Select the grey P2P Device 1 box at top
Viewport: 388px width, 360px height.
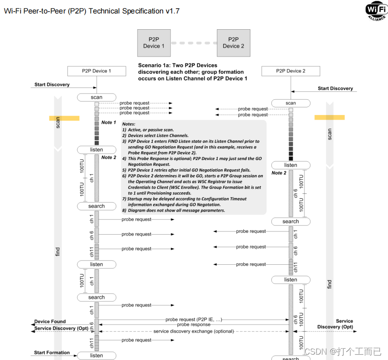154,43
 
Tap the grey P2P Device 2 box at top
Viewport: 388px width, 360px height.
233,43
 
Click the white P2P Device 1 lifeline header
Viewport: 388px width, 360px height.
96,71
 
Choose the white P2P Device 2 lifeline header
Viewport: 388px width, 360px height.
291,71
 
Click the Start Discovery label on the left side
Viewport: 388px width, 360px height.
52,84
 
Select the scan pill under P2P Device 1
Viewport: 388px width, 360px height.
97,97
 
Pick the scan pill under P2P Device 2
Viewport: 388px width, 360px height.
291,103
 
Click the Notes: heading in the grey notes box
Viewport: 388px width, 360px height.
128,124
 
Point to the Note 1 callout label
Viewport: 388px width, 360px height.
109,122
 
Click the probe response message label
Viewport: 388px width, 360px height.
194,324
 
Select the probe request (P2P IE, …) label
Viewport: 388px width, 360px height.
194,320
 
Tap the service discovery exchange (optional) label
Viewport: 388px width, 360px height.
194,331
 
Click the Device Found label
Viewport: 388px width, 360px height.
50,322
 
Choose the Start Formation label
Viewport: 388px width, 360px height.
52,353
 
